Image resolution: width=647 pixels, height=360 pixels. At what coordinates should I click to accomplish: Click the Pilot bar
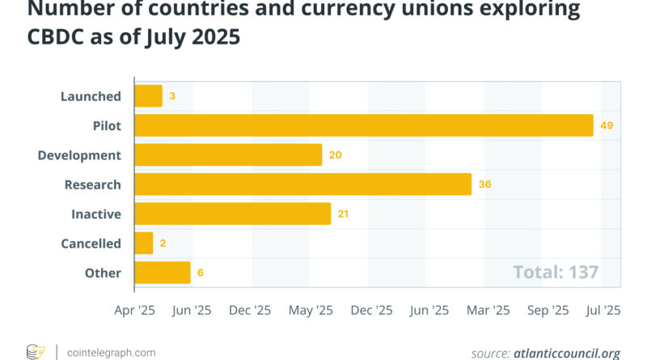364,125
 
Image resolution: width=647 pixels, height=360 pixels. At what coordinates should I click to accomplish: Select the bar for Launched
148,96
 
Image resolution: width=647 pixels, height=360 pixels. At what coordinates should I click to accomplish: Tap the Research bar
302,184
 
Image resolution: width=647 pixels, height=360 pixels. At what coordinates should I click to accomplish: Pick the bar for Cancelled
143,244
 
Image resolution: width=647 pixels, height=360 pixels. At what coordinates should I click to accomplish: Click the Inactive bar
232,214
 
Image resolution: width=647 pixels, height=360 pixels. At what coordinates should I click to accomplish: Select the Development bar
228,155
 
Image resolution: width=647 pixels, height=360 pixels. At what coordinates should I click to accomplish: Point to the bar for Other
162,273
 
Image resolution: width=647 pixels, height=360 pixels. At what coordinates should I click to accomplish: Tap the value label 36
484,184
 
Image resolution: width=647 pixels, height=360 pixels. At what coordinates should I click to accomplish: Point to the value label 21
344,214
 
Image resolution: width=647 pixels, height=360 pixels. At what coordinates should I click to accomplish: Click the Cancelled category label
91,244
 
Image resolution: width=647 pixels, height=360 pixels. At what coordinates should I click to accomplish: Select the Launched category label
91,96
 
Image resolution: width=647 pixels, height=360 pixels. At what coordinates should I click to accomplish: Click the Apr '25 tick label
133,310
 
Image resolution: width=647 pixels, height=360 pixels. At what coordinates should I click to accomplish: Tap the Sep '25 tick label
549,310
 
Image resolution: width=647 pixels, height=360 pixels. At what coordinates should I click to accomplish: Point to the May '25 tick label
311,310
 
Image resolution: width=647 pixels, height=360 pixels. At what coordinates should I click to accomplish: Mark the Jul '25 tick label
603,310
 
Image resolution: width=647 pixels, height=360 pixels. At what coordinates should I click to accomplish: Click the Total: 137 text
556,272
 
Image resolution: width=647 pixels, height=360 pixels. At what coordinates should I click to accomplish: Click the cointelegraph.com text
111,352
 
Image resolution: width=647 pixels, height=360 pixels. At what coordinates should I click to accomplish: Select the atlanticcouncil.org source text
566,353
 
